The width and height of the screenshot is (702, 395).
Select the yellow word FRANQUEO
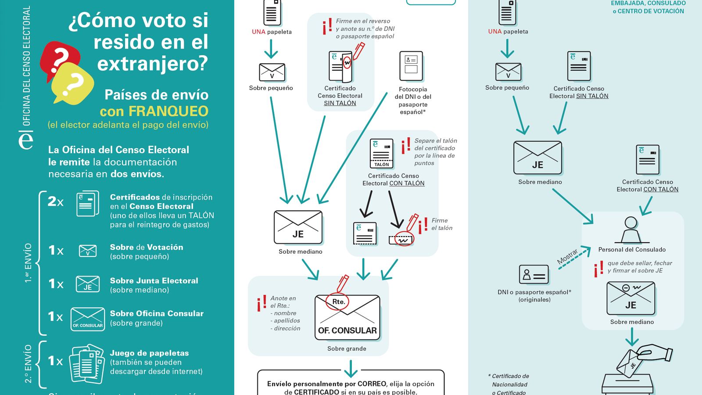(x=168, y=111)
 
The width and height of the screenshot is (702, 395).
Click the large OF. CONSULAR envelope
(x=347, y=317)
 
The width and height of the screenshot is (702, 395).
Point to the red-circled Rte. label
(x=338, y=302)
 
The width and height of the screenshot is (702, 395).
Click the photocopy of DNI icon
(x=411, y=66)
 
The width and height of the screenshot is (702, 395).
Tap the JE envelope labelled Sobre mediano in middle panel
(x=298, y=227)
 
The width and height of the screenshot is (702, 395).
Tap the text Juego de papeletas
(x=149, y=353)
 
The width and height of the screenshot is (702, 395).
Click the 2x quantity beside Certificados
(x=55, y=201)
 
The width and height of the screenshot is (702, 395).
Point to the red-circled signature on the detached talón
(x=403, y=240)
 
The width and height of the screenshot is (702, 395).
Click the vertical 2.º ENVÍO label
(x=28, y=364)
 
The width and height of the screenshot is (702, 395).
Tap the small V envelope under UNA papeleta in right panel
(x=508, y=72)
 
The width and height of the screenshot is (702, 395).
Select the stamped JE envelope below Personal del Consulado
(x=631, y=298)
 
